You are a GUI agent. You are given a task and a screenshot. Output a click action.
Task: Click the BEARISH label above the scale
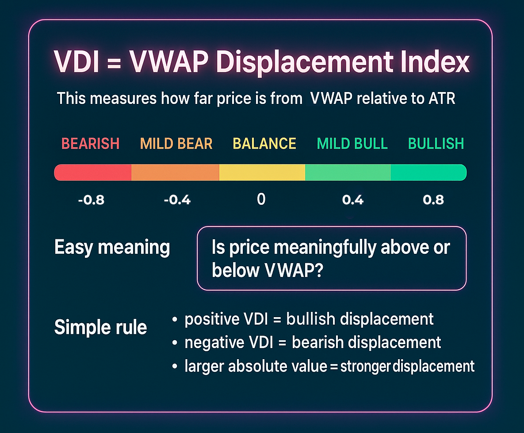pos(90,144)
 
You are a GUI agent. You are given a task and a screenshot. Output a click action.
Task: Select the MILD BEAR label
pos(176,144)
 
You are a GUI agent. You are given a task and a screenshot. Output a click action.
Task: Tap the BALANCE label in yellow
pos(264,144)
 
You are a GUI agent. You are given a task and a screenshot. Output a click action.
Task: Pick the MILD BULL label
pos(352,144)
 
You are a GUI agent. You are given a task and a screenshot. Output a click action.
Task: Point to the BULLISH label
pos(436,144)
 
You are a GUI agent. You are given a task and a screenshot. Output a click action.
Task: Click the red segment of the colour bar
pos(93,172)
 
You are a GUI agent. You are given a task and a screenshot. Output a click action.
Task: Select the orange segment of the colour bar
pos(176,172)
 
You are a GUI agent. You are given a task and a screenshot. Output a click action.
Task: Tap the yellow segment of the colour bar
pos(262,172)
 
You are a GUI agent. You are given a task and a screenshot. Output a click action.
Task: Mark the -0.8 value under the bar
pos(91,200)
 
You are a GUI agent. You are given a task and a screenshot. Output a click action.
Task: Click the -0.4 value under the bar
pos(177,200)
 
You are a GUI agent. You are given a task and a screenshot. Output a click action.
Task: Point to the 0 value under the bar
pos(261,199)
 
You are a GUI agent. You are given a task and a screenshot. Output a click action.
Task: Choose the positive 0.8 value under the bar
pos(433,200)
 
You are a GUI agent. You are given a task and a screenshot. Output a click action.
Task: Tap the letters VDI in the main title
pos(77,62)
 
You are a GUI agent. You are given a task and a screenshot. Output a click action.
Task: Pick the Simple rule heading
pos(100,327)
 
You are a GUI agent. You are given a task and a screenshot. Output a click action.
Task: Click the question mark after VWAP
pos(318,270)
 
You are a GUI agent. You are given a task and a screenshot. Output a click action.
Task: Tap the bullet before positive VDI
pos(174,320)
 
